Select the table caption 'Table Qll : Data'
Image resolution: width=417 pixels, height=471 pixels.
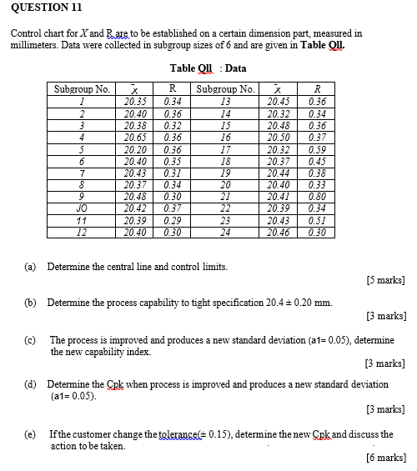208,68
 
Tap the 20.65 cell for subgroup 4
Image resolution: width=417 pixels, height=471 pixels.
134,136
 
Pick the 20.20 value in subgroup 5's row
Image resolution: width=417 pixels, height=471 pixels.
134,148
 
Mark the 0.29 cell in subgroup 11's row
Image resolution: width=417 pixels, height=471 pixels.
173,219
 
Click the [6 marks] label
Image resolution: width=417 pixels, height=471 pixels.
385,458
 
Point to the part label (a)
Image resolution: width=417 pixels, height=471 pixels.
30,266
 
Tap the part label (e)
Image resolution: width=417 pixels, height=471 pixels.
30,434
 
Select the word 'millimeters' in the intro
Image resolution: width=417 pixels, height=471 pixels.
35,43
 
